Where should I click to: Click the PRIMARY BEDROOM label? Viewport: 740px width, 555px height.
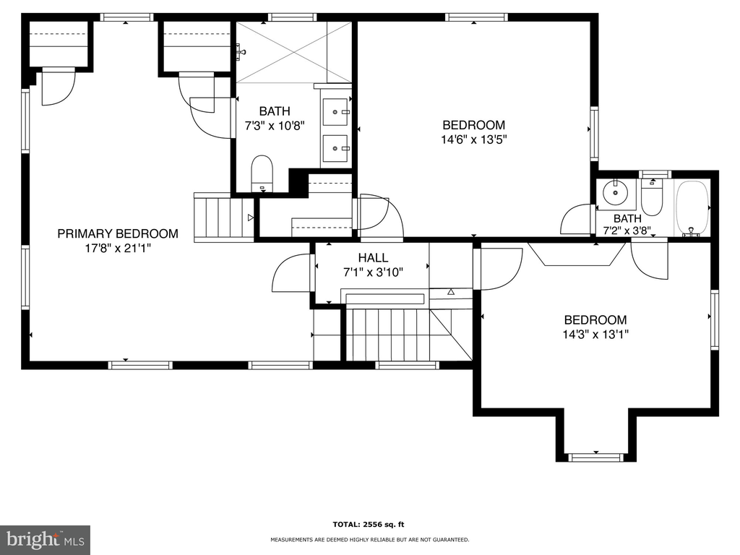pos(118,233)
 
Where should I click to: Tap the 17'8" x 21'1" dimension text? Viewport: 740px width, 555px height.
pos(118,249)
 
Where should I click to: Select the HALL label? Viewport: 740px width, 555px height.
pos(373,258)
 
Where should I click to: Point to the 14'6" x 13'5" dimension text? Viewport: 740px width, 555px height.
pos(474,139)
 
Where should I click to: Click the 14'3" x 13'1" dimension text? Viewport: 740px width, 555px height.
pos(595,335)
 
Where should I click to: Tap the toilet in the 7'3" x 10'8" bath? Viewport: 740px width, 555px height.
pos(262,173)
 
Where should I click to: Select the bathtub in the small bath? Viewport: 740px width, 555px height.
pos(692,207)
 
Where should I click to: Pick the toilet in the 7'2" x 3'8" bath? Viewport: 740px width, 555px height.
pos(653,197)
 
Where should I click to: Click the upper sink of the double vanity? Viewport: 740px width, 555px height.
pos(335,112)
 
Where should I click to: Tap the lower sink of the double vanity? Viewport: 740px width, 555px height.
pos(335,148)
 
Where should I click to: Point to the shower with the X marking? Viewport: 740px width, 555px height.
pos(293,52)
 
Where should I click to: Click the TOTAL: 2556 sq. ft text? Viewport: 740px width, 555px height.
pos(369,525)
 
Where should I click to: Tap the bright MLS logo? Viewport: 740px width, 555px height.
pos(45,540)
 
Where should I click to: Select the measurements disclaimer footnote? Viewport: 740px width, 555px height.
pos(369,539)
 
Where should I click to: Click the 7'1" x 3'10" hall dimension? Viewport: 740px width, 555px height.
pos(373,272)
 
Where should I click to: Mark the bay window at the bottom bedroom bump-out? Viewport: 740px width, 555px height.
pos(596,457)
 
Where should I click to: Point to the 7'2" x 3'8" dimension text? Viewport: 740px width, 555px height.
pos(627,231)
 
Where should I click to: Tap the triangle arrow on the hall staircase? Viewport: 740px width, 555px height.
pos(451,292)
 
